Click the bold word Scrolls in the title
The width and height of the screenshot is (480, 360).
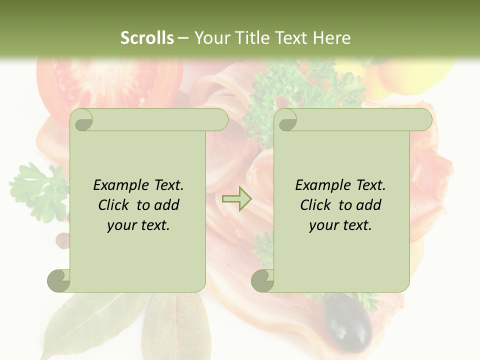[147, 37]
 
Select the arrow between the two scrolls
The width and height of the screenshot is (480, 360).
[236, 198]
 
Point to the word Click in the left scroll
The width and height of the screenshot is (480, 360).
[116, 205]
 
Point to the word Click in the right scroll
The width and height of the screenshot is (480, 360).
[318, 205]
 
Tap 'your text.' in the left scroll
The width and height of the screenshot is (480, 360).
[138, 225]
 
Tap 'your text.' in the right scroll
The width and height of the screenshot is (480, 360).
[340, 225]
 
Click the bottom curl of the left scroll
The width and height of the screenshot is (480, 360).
[59, 280]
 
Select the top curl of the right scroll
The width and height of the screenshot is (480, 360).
[286, 120]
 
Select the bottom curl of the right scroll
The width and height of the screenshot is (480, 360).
[262, 280]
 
